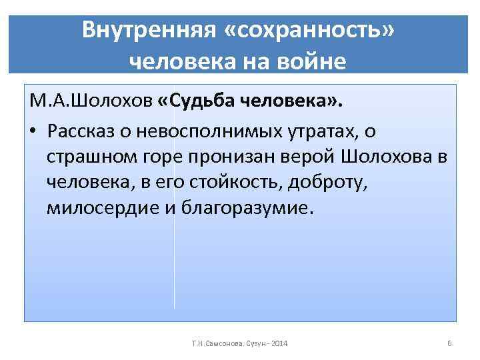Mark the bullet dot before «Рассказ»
[x=33, y=131]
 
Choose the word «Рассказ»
[x=81, y=131]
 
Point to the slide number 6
[x=450, y=343]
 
